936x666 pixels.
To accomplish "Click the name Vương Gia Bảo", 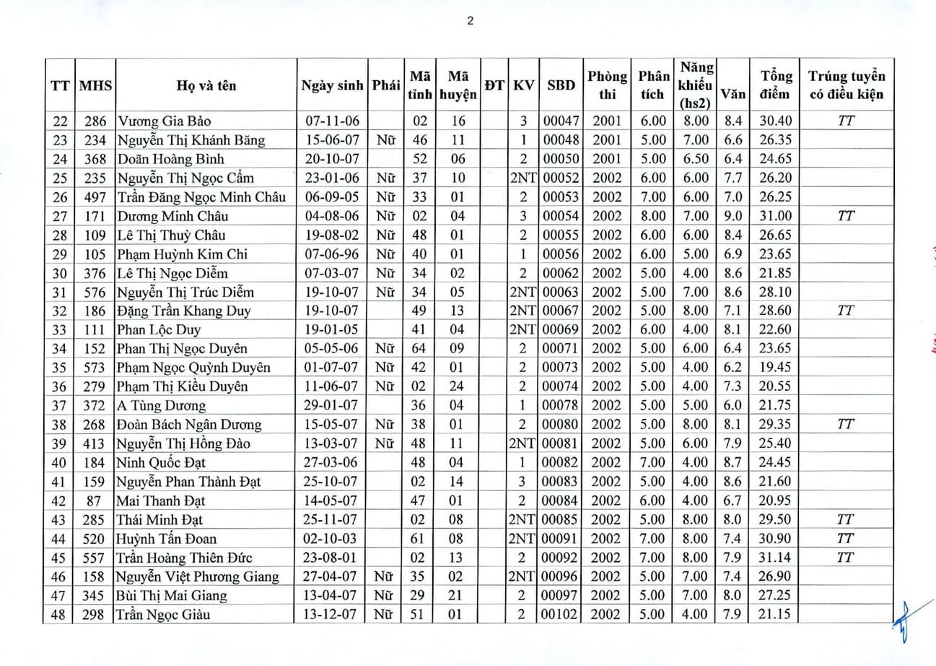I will tap(164, 121).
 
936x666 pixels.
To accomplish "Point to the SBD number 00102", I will tap(561, 615).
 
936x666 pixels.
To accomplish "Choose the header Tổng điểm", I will tap(776, 85).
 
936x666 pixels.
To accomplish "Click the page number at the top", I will tap(470, 21).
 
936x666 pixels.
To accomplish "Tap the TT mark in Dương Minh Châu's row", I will tap(846, 215).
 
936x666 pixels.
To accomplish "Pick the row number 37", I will tap(59, 405).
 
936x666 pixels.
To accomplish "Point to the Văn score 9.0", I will tap(732, 215).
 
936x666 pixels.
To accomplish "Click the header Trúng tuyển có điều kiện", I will tap(846, 85).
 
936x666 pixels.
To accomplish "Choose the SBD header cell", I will tap(561, 85).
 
